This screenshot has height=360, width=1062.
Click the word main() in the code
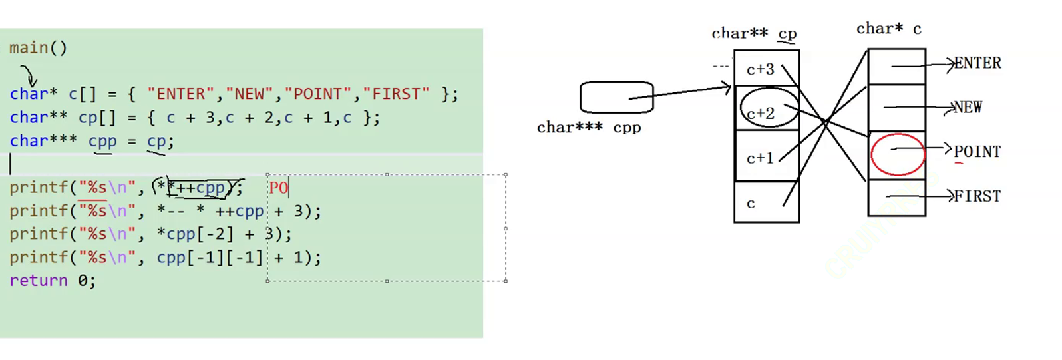coord(38,48)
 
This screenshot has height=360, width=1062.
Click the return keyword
coord(39,281)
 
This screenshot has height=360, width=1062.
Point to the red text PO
coord(279,188)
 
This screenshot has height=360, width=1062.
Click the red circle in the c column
coord(897,154)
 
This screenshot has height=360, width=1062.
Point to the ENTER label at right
coord(977,63)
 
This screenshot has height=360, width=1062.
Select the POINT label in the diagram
coord(977,152)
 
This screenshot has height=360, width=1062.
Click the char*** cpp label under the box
coord(589,128)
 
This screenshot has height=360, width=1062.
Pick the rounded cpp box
coord(616,98)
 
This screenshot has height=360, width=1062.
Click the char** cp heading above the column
coord(754,33)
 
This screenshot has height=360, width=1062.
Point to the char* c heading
coord(888,29)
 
